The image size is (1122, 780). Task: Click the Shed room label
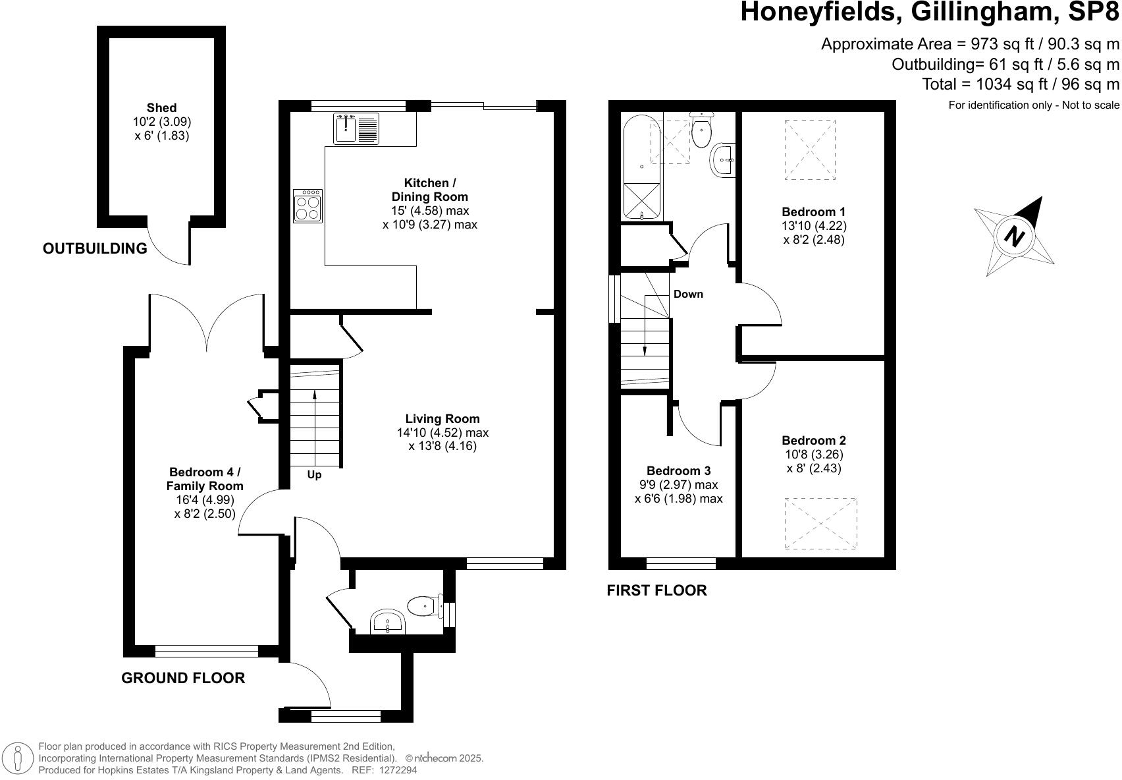coord(161,108)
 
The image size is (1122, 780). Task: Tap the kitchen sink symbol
coord(345,128)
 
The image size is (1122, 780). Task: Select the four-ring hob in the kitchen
coord(307,206)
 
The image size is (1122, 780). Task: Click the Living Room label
coord(442,419)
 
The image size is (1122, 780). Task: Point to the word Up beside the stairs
coord(314,475)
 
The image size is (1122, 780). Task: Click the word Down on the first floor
coord(688,294)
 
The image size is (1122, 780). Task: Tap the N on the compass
coord(1015,236)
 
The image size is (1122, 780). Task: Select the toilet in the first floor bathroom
coord(701,130)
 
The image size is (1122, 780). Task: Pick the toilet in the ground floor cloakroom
coord(423,605)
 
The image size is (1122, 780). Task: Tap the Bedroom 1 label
coord(813,212)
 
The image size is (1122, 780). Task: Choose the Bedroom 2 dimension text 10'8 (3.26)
coord(814,455)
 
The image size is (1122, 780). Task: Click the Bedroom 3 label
coord(678,471)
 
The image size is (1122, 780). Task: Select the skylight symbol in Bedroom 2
coord(820,524)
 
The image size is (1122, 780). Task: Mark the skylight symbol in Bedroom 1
coord(810,150)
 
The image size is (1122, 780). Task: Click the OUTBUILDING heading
coord(95,249)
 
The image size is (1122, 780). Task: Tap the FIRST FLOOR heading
coord(656,591)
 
